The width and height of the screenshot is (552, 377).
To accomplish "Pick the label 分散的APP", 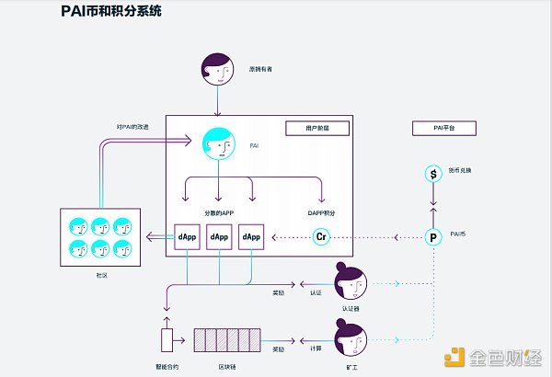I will (219, 211).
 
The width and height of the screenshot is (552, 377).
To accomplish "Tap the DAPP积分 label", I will (321, 211).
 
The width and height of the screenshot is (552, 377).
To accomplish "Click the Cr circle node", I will (321, 237).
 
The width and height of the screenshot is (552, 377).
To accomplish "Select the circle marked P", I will (432, 237).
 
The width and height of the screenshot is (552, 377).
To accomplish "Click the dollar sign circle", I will (432, 174).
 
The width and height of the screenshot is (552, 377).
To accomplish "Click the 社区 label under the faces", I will (101, 274).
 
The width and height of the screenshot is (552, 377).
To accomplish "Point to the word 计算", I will (315, 348).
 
